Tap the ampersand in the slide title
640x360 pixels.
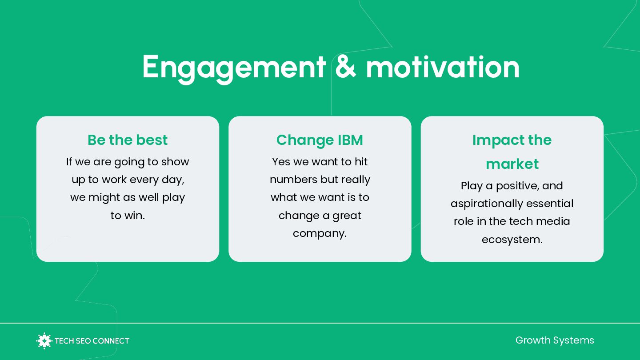pos(346,67)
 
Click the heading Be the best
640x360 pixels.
pos(128,140)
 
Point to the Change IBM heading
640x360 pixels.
pos(320,140)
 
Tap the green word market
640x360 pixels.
pos(512,164)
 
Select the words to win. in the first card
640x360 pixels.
pos(128,216)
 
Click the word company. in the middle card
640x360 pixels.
pos(320,234)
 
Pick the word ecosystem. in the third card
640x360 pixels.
pos(512,240)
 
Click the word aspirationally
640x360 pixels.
pos(487,204)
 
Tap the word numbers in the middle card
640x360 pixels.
pos(293,180)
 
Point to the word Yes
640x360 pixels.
pos(281,162)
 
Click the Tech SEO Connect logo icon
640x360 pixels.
pos(44,341)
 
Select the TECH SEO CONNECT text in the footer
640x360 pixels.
pos(92,341)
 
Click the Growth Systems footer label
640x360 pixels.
pos(555,340)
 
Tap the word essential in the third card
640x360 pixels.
pos(550,204)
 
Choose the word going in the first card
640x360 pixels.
pos(129,162)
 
